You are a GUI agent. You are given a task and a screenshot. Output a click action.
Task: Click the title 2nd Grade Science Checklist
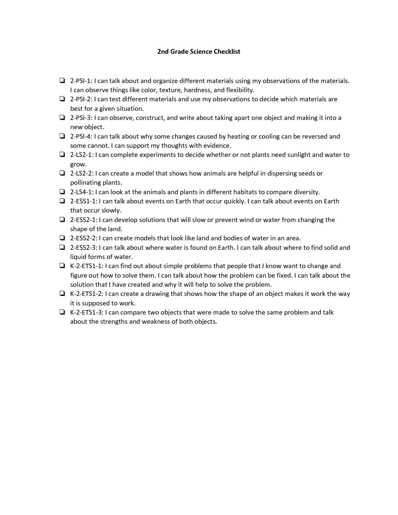click(199, 52)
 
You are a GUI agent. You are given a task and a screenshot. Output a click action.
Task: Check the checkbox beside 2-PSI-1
click(62, 80)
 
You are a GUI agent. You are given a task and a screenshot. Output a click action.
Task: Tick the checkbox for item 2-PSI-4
click(62, 136)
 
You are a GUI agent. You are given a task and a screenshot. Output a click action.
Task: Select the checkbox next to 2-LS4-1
click(62, 192)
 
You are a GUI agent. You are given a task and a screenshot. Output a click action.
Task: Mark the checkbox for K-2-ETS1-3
click(62, 312)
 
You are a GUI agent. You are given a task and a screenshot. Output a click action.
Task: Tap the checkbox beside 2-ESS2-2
click(62, 238)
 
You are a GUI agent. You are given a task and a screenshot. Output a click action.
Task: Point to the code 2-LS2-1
click(82, 155)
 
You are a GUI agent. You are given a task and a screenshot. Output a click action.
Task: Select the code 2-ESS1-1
click(83, 201)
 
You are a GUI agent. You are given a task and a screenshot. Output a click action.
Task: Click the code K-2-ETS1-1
click(86, 266)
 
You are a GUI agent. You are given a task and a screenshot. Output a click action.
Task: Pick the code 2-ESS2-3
click(83, 247)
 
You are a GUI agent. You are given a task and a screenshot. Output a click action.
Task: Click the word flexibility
click(240, 90)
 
